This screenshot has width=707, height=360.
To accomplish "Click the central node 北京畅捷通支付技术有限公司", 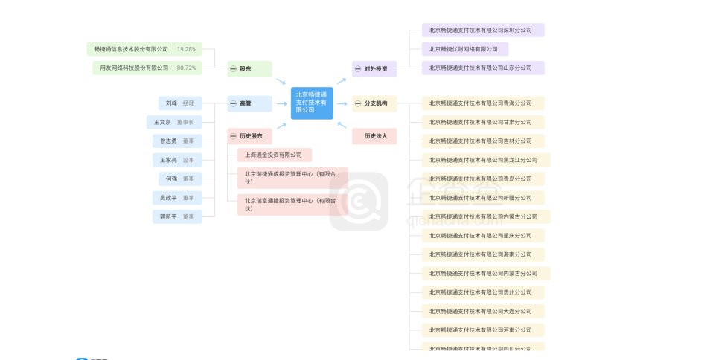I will pyautogui.click(x=312, y=103).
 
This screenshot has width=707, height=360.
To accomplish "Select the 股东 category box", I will pyautogui.click(x=249, y=69).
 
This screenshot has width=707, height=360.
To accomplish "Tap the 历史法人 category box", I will pyautogui.click(x=374, y=136).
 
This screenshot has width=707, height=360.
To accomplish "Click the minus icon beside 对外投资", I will pyautogui.click(x=358, y=69).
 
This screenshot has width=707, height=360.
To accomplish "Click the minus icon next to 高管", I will pyautogui.click(x=233, y=103).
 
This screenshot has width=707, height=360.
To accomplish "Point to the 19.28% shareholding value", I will pyautogui.click(x=187, y=49).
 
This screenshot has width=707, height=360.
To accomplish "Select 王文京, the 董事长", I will pyautogui.click(x=173, y=122).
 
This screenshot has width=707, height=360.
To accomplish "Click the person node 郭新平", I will pyautogui.click(x=177, y=216).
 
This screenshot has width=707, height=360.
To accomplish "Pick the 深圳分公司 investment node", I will pyautogui.click(x=482, y=30).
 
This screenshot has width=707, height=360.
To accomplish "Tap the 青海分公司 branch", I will pyautogui.click(x=482, y=103).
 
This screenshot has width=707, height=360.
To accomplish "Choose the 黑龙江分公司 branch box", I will pyautogui.click(x=485, y=160).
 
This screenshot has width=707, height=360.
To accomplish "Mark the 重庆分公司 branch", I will pyautogui.click(x=482, y=235).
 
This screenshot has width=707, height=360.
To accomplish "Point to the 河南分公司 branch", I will pyautogui.click(x=482, y=330).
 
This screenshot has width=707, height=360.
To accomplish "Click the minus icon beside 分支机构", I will pyautogui.click(x=358, y=103).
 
